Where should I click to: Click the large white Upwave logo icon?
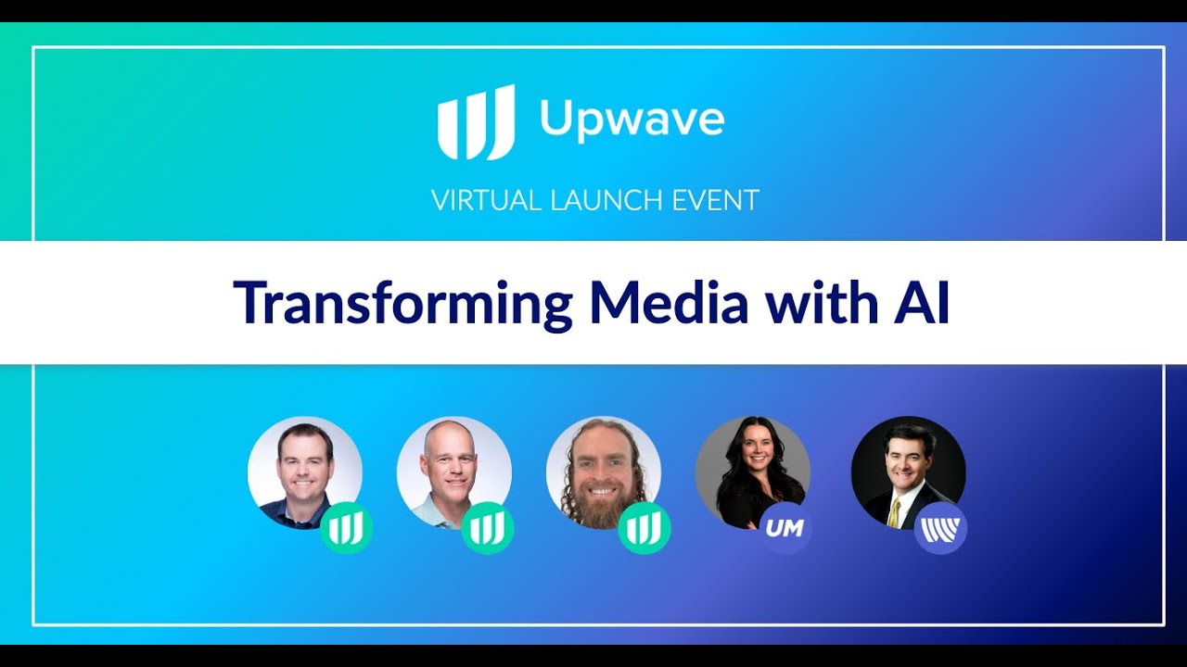476,122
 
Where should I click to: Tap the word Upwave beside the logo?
632,120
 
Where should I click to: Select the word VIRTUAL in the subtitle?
487,201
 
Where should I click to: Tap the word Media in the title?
669,302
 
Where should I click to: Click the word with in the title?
821,302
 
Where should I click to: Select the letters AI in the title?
921,302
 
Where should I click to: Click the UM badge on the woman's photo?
785,528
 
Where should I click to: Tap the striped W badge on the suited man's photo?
940,528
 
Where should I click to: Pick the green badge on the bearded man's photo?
644,528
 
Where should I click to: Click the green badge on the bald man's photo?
488,528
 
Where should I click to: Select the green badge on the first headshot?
346,528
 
